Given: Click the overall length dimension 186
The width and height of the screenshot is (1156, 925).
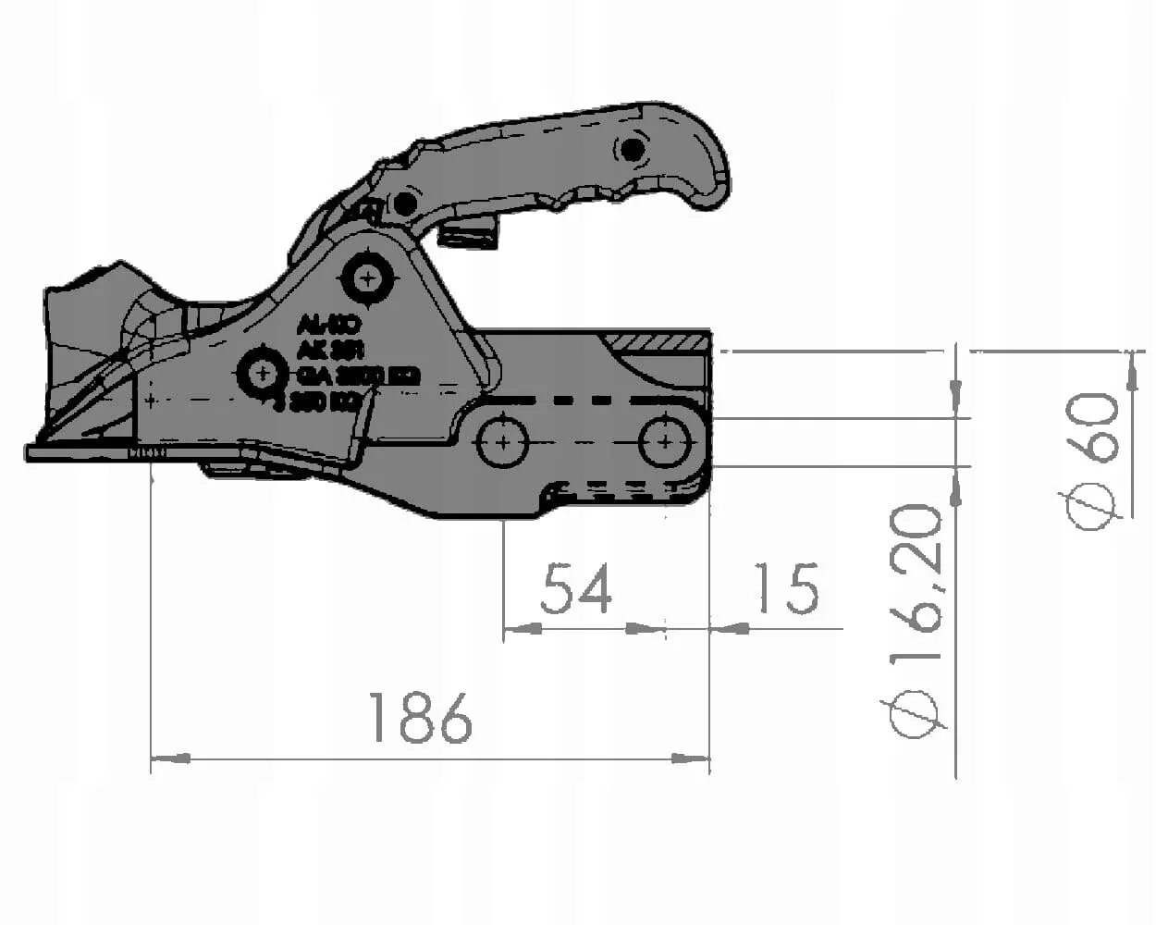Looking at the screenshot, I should pyautogui.click(x=420, y=717).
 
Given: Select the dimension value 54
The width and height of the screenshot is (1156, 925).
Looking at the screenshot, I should pyautogui.click(x=575, y=589).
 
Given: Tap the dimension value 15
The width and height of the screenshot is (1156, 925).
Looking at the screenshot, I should pyautogui.click(x=788, y=589).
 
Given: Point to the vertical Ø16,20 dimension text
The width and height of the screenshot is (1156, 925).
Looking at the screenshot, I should pyautogui.click(x=916, y=620).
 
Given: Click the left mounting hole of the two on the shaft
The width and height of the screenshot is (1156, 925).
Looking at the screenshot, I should pyautogui.click(x=502, y=442).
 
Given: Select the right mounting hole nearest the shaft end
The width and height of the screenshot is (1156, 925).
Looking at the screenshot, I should pyautogui.click(x=665, y=442).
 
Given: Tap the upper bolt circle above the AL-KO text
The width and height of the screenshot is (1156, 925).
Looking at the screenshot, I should pyautogui.click(x=368, y=277).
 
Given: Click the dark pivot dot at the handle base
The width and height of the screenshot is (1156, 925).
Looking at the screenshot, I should pyautogui.click(x=403, y=203).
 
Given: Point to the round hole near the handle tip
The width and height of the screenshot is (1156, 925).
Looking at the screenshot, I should pyautogui.click(x=633, y=148).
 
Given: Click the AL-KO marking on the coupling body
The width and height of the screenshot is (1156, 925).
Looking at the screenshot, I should pyautogui.click(x=327, y=326).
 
